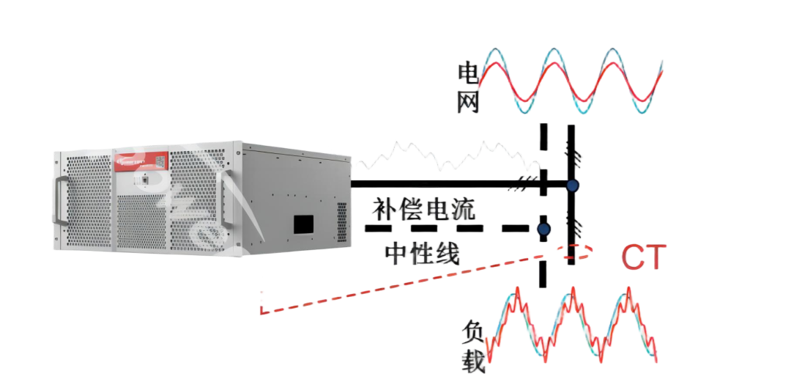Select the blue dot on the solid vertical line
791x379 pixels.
(573, 185)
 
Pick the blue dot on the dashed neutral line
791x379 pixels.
(543, 229)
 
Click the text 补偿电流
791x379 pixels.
(424, 210)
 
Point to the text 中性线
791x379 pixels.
(422, 254)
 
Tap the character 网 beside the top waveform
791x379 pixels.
(469, 103)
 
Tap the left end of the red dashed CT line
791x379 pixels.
(262, 311)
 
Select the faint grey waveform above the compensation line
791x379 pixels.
(439, 158)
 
